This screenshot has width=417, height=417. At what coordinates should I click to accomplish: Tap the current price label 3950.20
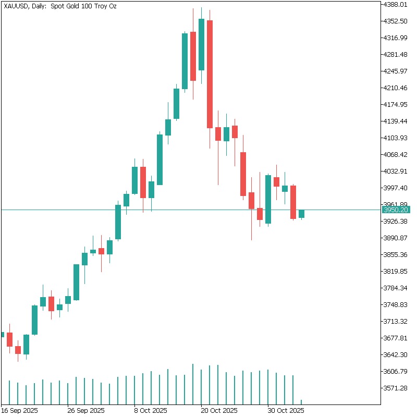[x=396, y=210]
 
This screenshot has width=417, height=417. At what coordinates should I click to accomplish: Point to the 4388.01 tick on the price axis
[x=396, y=4]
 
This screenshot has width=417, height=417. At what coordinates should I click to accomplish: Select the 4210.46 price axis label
[x=396, y=88]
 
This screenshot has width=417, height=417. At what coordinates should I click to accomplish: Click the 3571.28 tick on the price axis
[x=396, y=388]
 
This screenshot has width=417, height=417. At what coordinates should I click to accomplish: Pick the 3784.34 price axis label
[x=396, y=288]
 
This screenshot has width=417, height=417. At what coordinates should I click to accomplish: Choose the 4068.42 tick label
[x=396, y=154]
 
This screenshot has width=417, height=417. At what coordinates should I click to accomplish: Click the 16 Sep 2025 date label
[x=19, y=410]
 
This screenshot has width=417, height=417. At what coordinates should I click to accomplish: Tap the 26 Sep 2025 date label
[x=86, y=410]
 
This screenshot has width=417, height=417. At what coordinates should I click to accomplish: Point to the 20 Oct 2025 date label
[x=219, y=410]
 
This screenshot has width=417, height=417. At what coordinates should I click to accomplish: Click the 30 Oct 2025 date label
[x=286, y=410]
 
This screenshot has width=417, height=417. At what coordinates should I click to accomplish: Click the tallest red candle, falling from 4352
[x=210, y=74]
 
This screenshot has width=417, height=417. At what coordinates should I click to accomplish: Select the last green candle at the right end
[x=301, y=214]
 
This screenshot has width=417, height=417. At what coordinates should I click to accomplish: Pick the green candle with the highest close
[x=201, y=44]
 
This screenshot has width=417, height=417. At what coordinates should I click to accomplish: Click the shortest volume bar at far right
[x=301, y=401]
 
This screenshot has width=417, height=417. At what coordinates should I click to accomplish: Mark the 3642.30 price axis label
[x=396, y=354]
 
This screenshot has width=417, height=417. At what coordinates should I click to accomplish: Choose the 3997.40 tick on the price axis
[x=396, y=188]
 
